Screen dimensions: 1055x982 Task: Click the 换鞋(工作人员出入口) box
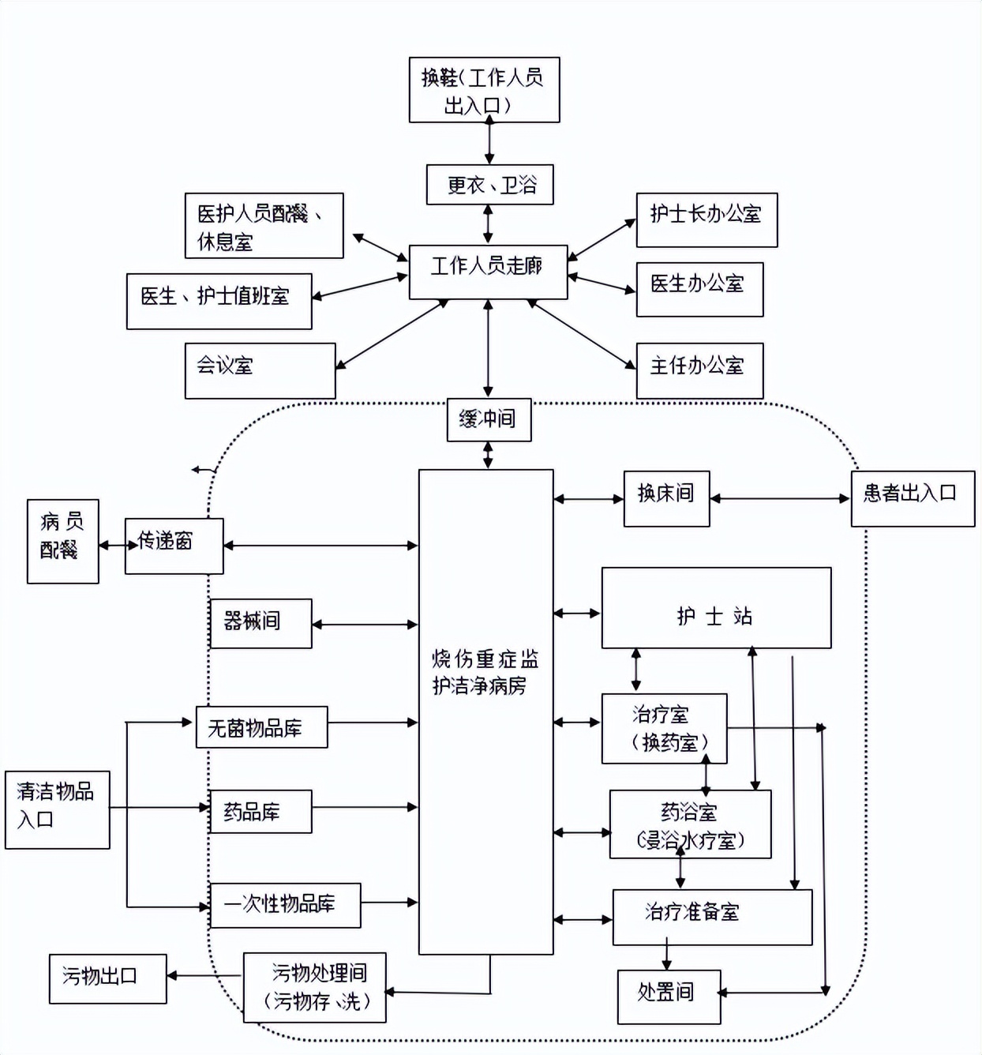(484, 89)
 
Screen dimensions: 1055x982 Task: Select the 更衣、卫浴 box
(489, 185)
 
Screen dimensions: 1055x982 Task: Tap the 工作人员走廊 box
(488, 272)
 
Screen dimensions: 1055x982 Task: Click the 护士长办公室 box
(707, 220)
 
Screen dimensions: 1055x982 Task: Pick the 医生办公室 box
(699, 289)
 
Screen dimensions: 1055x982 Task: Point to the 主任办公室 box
(699, 370)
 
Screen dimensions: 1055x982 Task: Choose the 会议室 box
(260, 370)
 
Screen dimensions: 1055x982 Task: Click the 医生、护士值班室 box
(219, 301)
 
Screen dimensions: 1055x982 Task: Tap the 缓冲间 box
(489, 419)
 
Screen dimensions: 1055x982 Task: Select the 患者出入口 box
(912, 498)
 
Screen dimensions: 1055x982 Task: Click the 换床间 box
(666, 498)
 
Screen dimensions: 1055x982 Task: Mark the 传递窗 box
(174, 546)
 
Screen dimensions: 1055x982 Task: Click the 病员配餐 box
(62, 541)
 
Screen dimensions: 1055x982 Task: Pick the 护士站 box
(715, 607)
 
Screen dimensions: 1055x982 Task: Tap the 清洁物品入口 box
(57, 809)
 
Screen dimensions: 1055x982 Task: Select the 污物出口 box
(107, 978)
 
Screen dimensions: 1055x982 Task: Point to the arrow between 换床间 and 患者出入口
(780, 498)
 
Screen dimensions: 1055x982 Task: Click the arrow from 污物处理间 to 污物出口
(204, 976)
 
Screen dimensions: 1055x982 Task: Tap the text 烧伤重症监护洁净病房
(485, 672)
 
